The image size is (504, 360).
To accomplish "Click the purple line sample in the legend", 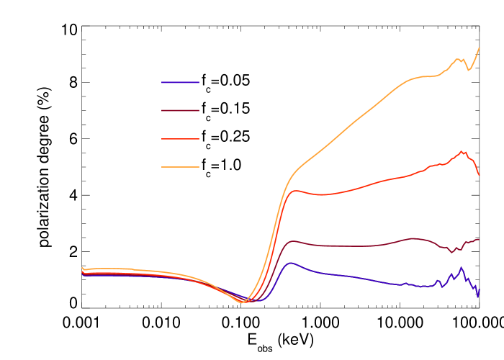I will tap(180, 82).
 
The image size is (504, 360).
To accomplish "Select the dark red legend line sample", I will tap(180, 110).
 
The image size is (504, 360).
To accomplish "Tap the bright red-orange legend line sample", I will tap(180, 138).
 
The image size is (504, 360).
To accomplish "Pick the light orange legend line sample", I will tap(180, 166).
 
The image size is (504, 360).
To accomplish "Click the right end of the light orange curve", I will tap(480, 48).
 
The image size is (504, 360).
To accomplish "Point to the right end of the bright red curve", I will tap(479, 175).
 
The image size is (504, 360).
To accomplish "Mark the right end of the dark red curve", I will tap(479, 239).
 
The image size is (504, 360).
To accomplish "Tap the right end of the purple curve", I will tap(479, 289).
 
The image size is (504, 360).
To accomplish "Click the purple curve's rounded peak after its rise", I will tap(291, 263).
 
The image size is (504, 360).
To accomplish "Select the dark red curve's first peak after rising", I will tap(294, 240).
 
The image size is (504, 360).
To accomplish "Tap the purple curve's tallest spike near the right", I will tap(461, 268).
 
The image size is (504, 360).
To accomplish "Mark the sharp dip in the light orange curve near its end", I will tap(469, 70).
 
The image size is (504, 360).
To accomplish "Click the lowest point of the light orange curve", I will tap(243, 303).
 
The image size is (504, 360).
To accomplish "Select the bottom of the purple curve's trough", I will tap(256, 301).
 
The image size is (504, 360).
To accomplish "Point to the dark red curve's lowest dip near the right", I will tap(452, 252).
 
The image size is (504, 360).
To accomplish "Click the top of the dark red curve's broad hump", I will tap(413, 238).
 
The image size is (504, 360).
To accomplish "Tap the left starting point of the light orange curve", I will tap(82, 267).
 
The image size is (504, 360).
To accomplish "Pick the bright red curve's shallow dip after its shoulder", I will tap(321, 194).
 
